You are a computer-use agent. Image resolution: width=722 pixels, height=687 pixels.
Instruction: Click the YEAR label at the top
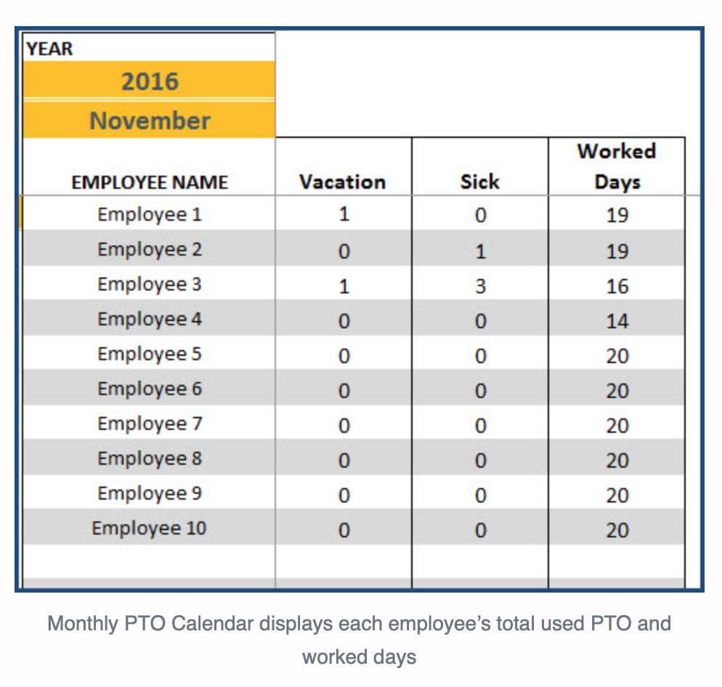[49, 49]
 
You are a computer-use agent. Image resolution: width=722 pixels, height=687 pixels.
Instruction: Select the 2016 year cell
[150, 81]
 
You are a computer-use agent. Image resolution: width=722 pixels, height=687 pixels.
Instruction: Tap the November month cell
[150, 121]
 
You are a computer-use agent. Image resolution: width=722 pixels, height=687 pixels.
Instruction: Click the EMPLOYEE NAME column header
[150, 182]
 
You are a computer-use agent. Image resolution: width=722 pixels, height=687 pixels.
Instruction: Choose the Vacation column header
[343, 182]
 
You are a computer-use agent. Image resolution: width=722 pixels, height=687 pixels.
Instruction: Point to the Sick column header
[479, 182]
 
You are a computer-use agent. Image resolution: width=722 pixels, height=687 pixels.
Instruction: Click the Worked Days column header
[617, 166]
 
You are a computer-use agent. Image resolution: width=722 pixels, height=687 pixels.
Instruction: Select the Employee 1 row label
[150, 215]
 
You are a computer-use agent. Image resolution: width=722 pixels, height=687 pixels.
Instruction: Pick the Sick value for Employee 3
[480, 286]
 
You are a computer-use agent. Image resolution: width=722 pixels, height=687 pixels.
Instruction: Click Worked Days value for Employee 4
[617, 321]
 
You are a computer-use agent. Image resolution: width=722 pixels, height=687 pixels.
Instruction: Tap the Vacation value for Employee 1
[344, 215]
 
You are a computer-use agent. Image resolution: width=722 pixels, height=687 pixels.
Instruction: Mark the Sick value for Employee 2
[480, 251]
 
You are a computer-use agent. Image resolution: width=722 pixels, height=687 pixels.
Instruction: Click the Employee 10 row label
[150, 529]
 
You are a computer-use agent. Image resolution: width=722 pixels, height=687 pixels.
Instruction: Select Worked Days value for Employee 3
[617, 286]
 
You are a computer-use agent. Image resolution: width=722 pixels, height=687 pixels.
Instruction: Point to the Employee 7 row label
[150, 424]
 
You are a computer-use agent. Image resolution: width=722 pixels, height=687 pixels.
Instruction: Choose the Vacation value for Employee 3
[344, 286]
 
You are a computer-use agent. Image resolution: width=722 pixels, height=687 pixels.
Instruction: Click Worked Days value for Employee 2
[617, 251]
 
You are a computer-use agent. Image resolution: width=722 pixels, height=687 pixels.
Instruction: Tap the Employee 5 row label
[150, 354]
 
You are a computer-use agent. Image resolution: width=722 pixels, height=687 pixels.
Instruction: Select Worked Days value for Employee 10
[617, 530]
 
